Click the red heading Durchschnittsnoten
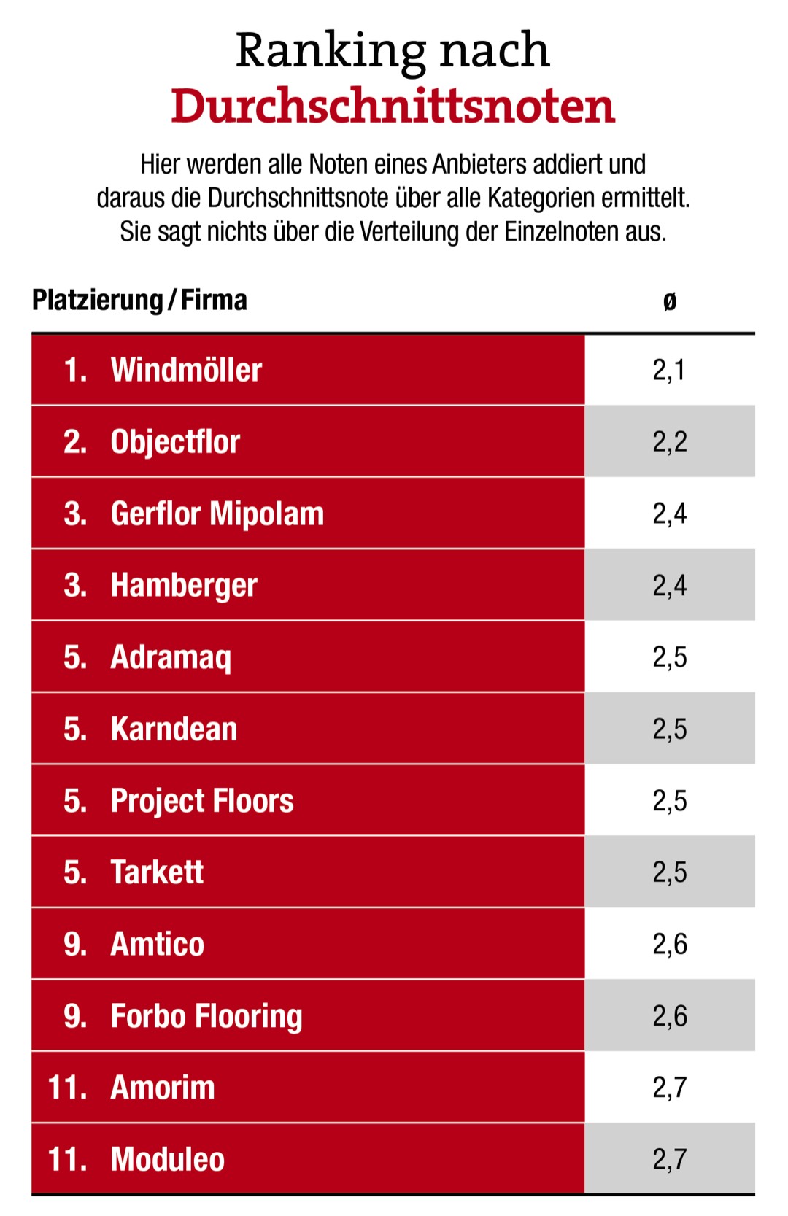point(393,107)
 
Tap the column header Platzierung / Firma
point(139,300)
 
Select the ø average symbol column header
point(669,301)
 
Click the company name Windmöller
point(186,370)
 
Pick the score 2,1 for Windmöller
point(669,370)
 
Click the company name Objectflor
point(175,442)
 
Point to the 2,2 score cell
point(669,442)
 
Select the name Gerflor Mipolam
point(217,514)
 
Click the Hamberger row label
point(184,585)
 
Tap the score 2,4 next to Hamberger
point(669,585)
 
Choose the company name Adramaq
point(171,657)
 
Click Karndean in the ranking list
point(174,729)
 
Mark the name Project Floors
point(202,800)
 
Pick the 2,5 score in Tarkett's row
point(669,872)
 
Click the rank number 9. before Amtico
point(75,944)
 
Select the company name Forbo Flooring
point(206,1016)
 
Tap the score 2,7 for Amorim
point(669,1088)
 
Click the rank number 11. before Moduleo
point(67,1159)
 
